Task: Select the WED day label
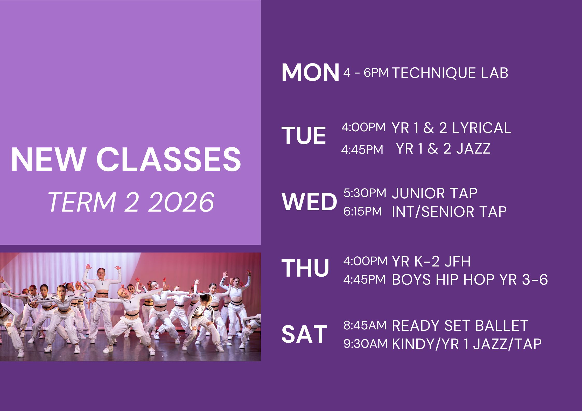pyautogui.click(x=309, y=202)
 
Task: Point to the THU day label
pyautogui.click(x=305, y=268)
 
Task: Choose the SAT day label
pyautogui.click(x=304, y=335)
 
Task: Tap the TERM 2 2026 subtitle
pyautogui.click(x=131, y=202)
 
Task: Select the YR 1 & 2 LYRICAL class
pyautogui.click(x=452, y=128)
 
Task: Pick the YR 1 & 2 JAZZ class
pyautogui.click(x=444, y=149)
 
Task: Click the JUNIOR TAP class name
pyautogui.click(x=434, y=193)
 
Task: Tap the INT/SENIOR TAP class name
pyautogui.click(x=449, y=212)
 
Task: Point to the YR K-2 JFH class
pyautogui.click(x=431, y=261)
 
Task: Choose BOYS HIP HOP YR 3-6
pyautogui.click(x=470, y=280)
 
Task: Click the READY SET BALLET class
pyautogui.click(x=460, y=326)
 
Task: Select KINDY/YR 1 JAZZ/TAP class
pyautogui.click(x=467, y=344)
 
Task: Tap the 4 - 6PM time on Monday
pyautogui.click(x=366, y=73)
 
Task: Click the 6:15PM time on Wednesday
pyautogui.click(x=363, y=212)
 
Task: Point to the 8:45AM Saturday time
pyautogui.click(x=365, y=326)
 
